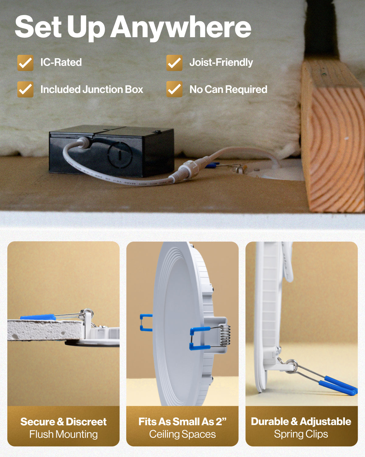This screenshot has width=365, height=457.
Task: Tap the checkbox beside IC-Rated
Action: pos(25,63)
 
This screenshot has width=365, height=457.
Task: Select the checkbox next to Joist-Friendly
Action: pos(174,63)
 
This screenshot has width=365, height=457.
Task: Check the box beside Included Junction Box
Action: pos(25,89)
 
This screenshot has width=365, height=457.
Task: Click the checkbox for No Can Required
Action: pos(174,89)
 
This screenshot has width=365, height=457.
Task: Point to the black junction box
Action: pos(112,151)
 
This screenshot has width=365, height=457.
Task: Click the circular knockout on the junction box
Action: pos(120,155)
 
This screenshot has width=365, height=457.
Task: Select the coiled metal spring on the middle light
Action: pos(225,336)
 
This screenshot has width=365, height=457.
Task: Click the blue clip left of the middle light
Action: pos(146,323)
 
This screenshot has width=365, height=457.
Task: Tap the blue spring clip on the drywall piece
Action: pos(38,317)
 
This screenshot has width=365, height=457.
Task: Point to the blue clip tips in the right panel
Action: pos(338,385)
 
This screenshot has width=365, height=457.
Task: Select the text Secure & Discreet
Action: pos(63,422)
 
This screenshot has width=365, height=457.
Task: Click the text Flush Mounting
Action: pos(63,434)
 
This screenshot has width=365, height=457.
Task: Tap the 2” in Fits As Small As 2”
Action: pos(221,421)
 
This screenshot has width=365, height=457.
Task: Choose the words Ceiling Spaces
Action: pos(182,434)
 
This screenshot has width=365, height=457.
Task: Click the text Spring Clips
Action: pos(301,434)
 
